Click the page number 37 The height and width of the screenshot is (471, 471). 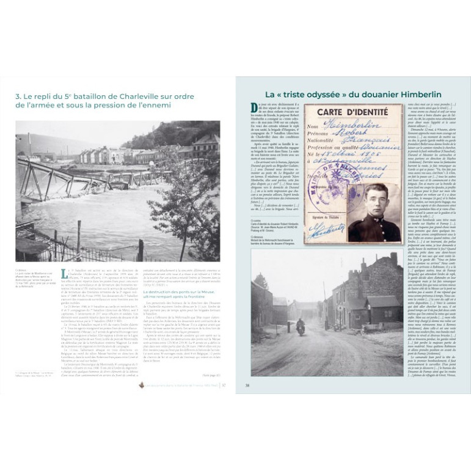click(224, 385)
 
